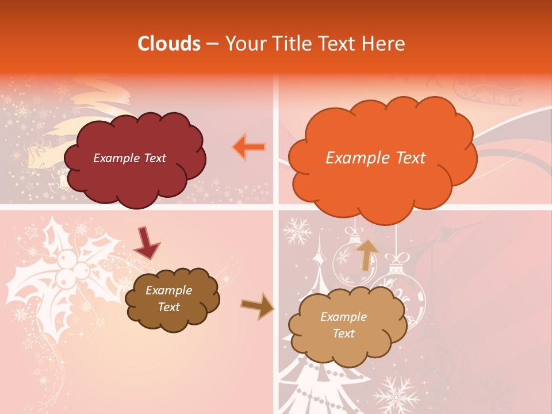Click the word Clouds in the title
[x=169, y=44]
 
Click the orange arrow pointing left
[x=249, y=147]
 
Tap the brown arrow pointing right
[x=258, y=306]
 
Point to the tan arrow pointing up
[x=366, y=254]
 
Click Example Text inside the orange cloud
[x=375, y=158]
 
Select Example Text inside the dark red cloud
[x=129, y=158]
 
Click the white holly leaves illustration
[x=57, y=270]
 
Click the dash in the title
[x=212, y=44]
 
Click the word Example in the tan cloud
[x=343, y=317]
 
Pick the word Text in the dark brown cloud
[x=168, y=307]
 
